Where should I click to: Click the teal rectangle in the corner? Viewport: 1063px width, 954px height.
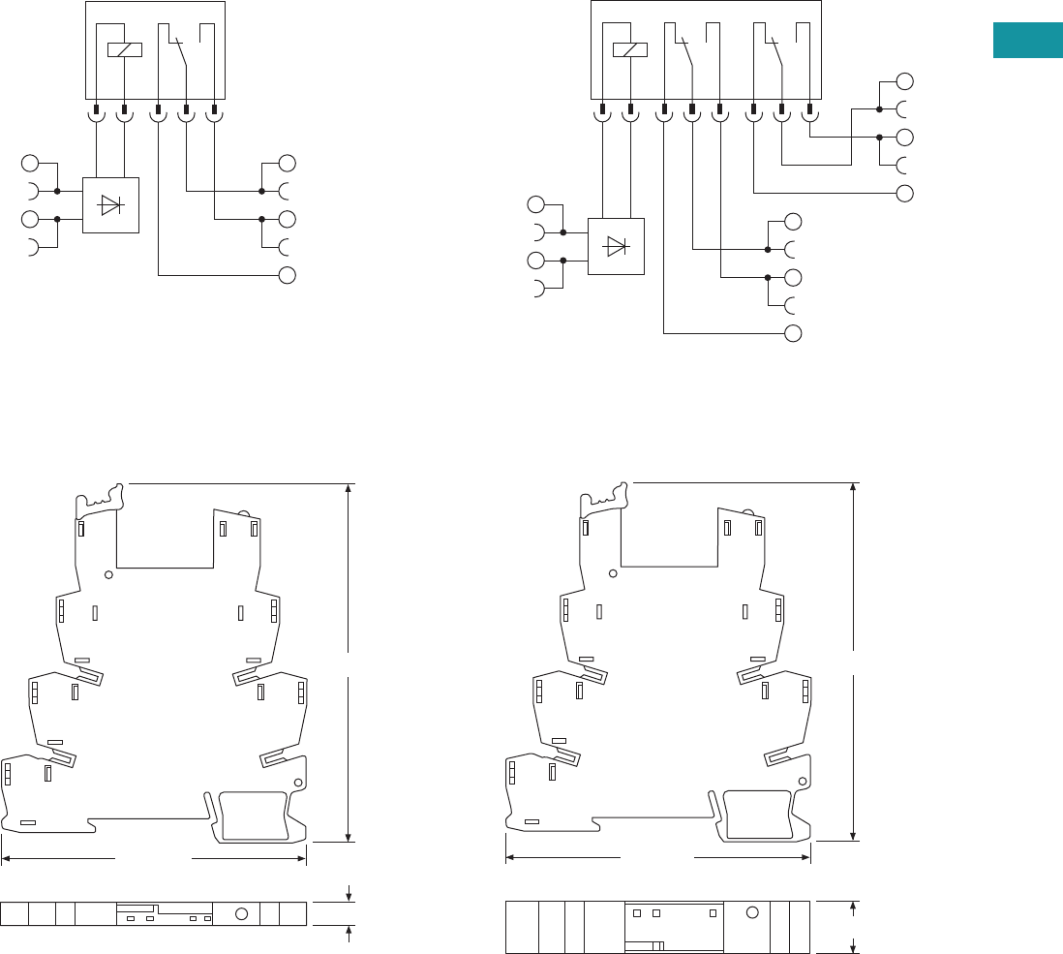tap(1027, 41)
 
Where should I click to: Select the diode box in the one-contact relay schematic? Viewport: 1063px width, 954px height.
tap(110, 204)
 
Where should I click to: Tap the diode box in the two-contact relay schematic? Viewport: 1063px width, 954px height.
tap(616, 246)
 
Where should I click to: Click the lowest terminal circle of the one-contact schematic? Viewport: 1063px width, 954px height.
tap(287, 275)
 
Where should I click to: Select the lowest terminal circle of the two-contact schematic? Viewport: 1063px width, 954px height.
tap(793, 334)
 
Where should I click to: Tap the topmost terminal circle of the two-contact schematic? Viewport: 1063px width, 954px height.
tap(904, 80)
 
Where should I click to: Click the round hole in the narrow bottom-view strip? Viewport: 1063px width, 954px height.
tap(242, 913)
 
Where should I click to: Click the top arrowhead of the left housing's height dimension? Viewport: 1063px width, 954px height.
tap(348, 487)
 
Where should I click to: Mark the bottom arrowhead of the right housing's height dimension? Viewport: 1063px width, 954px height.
tap(853, 834)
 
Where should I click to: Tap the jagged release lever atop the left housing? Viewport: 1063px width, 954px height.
tap(102, 496)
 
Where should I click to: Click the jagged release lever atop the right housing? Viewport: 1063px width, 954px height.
tap(607, 496)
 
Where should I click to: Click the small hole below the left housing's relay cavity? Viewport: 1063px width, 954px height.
tap(109, 574)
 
